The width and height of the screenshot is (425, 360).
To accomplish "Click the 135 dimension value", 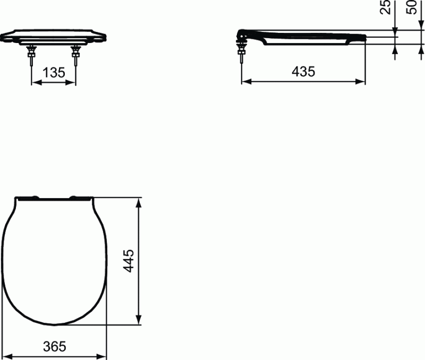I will click(x=54, y=73).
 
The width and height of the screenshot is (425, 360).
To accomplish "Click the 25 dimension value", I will click(x=386, y=6).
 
